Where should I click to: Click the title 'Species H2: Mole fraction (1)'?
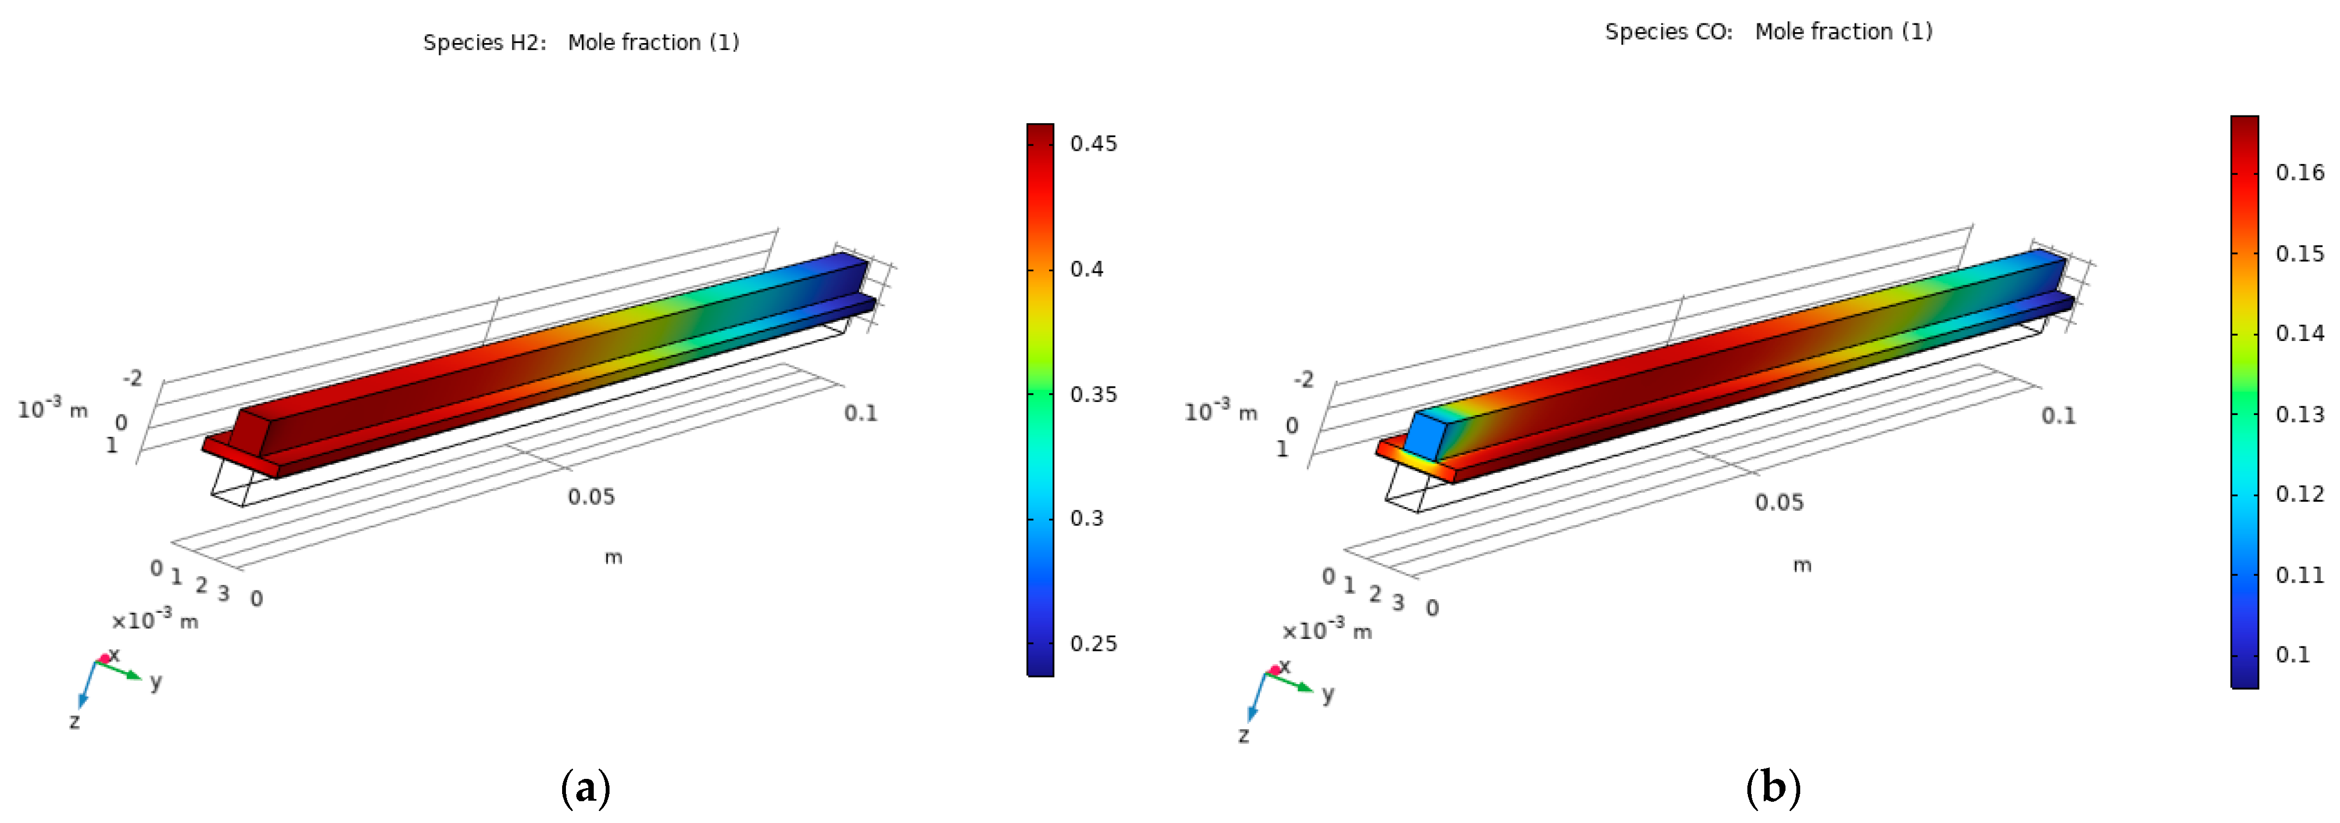coord(581,42)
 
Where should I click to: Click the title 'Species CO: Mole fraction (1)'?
coord(1769,32)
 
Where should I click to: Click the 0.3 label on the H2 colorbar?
coord(1087,518)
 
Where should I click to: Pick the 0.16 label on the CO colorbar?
coord(2299,173)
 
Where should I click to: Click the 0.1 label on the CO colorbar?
coord(2292,655)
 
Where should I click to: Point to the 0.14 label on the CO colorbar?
coord(2299,333)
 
